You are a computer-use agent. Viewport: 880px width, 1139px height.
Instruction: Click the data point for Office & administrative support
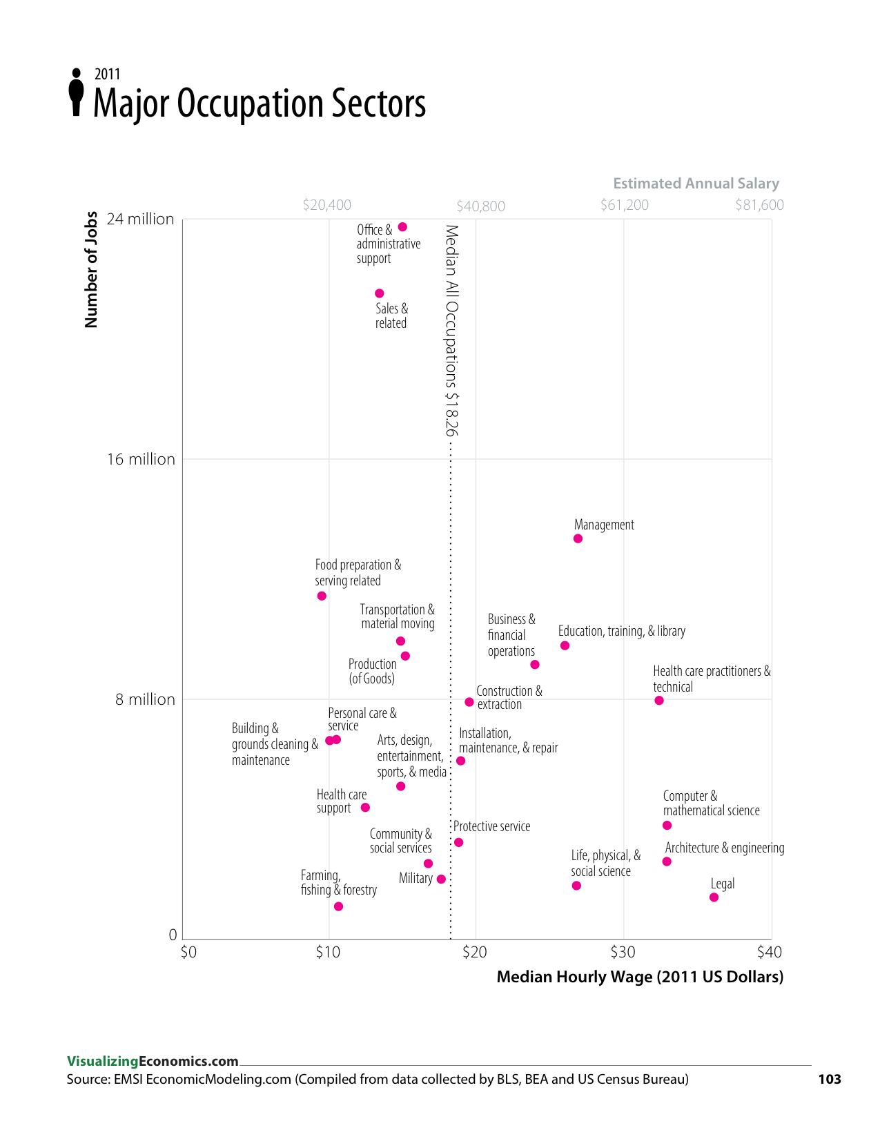point(402,227)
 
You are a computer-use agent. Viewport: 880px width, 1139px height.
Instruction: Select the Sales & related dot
point(379,293)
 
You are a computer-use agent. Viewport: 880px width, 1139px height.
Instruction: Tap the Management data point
point(578,538)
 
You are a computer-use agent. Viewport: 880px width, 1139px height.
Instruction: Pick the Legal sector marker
point(714,897)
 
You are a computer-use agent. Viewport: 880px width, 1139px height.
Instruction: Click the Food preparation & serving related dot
point(322,596)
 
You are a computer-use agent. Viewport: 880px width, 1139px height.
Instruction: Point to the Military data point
point(441,879)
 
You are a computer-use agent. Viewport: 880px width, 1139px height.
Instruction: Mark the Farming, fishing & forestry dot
point(338,906)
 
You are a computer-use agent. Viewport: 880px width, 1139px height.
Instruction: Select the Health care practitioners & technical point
point(659,701)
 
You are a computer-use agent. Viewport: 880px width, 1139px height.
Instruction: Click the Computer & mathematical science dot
point(667,826)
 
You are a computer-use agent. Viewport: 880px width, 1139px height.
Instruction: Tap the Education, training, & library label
point(621,631)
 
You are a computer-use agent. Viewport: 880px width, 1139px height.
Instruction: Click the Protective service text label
point(491,826)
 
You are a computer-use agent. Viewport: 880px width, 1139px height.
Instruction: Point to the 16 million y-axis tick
point(141,459)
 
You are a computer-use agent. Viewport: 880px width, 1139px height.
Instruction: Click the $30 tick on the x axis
point(623,953)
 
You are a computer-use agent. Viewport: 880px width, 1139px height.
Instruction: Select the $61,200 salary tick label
point(624,205)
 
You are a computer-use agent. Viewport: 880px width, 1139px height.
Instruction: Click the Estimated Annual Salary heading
point(696,184)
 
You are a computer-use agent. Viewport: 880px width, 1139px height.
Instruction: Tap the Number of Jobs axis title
point(91,270)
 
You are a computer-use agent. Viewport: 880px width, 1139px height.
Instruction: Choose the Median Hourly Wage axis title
point(640,977)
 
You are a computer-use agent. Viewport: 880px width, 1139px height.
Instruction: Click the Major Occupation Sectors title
point(260,104)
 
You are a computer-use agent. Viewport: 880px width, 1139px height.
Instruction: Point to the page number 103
point(829,1079)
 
